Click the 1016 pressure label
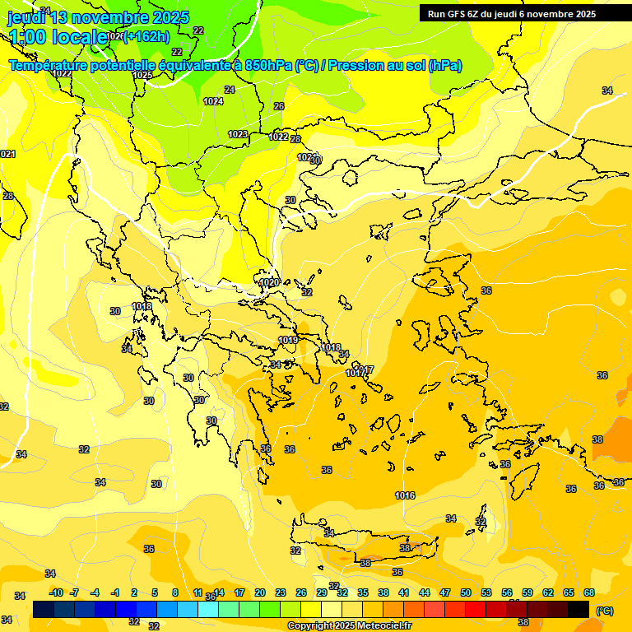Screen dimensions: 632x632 [404, 495]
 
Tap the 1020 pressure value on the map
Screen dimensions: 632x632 [269, 282]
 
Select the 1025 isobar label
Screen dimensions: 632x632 [142, 75]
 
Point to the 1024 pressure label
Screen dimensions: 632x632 [213, 101]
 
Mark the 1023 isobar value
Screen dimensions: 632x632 [238, 134]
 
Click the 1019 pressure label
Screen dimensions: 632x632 [287, 340]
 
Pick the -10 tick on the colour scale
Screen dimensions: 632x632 [56, 592]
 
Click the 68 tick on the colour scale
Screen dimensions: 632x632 [589, 592]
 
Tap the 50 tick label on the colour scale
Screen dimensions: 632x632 [466, 592]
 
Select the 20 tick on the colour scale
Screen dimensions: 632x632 [260, 592]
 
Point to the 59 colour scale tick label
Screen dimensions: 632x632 [527, 592]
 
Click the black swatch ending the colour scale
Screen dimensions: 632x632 [579, 609]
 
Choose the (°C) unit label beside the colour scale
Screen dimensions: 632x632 [605, 610]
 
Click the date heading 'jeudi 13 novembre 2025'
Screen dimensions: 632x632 [98, 17]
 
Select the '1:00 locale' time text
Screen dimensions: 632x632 [58, 36]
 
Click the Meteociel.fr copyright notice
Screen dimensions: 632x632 [349, 626]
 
